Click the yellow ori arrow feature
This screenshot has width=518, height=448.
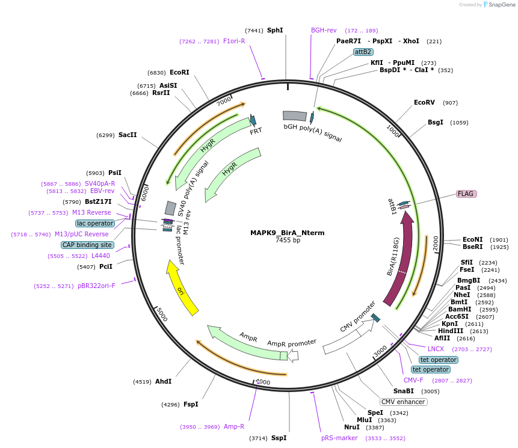(183, 288)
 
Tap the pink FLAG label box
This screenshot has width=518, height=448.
(466, 194)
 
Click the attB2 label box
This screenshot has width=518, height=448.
(363, 52)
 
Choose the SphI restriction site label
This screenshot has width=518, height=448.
(275, 30)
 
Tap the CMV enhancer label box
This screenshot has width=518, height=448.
(403, 402)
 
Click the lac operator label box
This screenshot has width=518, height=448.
(95, 223)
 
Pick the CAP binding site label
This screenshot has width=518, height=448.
(87, 245)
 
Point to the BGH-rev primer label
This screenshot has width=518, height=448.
(324, 30)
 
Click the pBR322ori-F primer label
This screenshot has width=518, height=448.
(96, 286)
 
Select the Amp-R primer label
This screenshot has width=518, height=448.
(234, 427)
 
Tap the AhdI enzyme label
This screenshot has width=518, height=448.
(164, 381)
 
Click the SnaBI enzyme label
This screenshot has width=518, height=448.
(404, 391)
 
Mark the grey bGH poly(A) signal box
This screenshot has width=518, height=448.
(295, 115)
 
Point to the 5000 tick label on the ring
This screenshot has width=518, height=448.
(161, 314)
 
